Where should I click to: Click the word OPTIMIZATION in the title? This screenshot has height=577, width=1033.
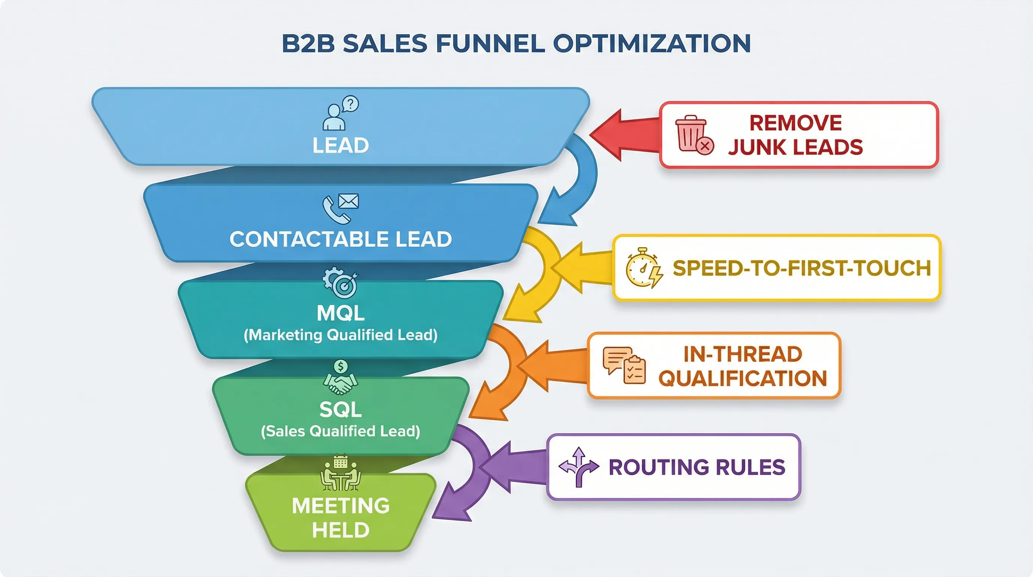click(652, 43)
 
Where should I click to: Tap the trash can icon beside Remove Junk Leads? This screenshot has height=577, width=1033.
click(693, 134)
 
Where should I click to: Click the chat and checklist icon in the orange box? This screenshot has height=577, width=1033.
click(624, 365)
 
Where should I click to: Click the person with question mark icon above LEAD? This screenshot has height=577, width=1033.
click(340, 113)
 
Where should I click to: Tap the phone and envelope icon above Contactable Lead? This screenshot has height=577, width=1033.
click(340, 208)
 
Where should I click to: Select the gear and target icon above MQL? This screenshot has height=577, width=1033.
click(340, 283)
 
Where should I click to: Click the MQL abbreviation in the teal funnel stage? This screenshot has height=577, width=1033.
click(340, 313)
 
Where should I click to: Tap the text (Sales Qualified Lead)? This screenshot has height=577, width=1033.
click(340, 431)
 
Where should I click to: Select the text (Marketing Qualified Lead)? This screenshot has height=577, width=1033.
click(340, 335)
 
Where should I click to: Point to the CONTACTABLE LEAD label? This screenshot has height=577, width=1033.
click(340, 239)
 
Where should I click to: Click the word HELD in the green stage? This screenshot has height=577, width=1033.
click(340, 530)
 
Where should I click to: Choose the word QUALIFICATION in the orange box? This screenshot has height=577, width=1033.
click(743, 378)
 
